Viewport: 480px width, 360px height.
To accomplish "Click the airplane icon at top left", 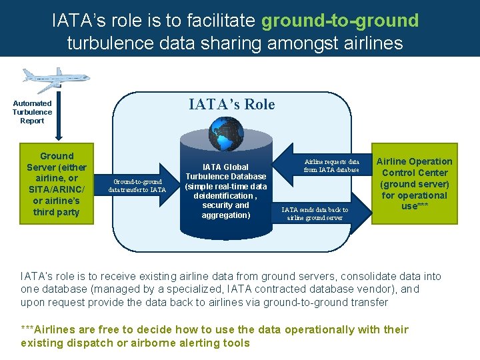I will tap(47, 79).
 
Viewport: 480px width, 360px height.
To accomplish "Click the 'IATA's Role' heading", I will tap(231, 104).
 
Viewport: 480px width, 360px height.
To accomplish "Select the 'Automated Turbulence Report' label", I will tap(32, 112).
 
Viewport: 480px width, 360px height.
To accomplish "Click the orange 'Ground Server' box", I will tap(57, 184).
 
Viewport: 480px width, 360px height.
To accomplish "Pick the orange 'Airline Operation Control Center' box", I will tap(414, 184).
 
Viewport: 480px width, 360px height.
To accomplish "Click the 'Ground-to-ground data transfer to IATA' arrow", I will tap(138, 185).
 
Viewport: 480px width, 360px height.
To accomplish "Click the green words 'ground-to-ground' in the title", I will tap(340, 21).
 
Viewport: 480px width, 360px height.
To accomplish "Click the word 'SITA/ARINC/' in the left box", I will tap(57, 189).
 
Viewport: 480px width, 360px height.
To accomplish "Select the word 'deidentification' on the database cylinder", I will tap(223, 196).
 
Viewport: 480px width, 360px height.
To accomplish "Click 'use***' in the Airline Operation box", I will tap(414, 206).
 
